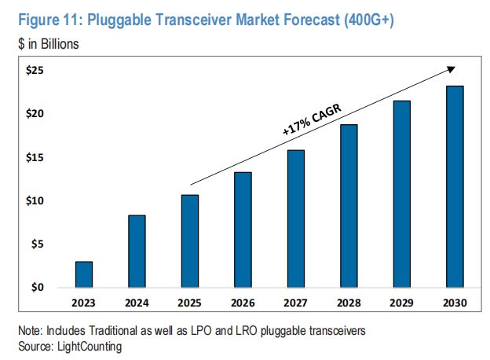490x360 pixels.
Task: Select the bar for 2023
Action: (84, 274)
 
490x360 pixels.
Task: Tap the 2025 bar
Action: (189, 241)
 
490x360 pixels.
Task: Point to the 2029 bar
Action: (401, 194)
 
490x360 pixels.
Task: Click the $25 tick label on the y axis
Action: (34, 71)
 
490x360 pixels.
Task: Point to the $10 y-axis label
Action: (34, 201)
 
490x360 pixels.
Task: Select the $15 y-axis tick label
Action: (34, 158)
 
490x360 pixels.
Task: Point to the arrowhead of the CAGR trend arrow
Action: (451, 68)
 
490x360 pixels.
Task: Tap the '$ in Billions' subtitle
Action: (48, 44)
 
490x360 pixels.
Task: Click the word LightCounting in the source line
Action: (90, 344)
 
